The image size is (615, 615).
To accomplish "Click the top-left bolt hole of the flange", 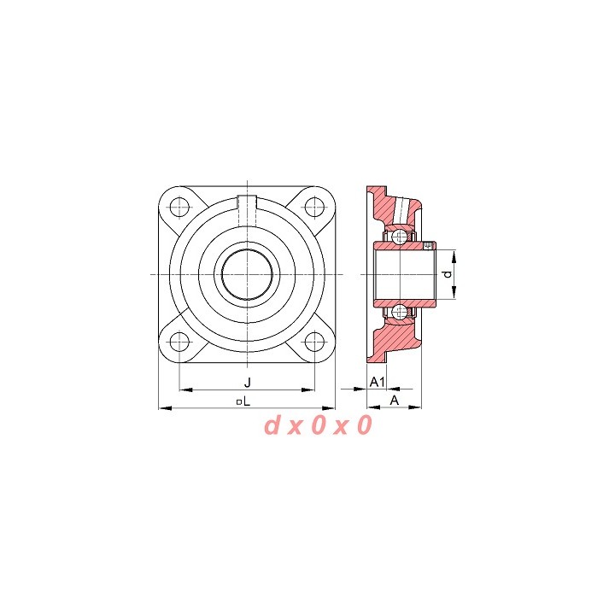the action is (x=179, y=207).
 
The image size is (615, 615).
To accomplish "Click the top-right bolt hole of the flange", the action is (x=314, y=207).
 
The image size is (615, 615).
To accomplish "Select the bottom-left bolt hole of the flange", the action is (x=179, y=342).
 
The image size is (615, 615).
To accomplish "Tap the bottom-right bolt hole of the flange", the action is (x=314, y=342).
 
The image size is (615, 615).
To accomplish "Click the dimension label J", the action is (x=247, y=382).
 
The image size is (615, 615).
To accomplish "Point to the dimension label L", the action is (x=247, y=401).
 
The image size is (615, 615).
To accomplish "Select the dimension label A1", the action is (x=378, y=382).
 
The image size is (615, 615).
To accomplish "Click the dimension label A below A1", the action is (x=395, y=401).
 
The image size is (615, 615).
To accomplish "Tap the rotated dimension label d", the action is (x=448, y=274).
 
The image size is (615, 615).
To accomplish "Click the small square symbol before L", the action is (x=239, y=402).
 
